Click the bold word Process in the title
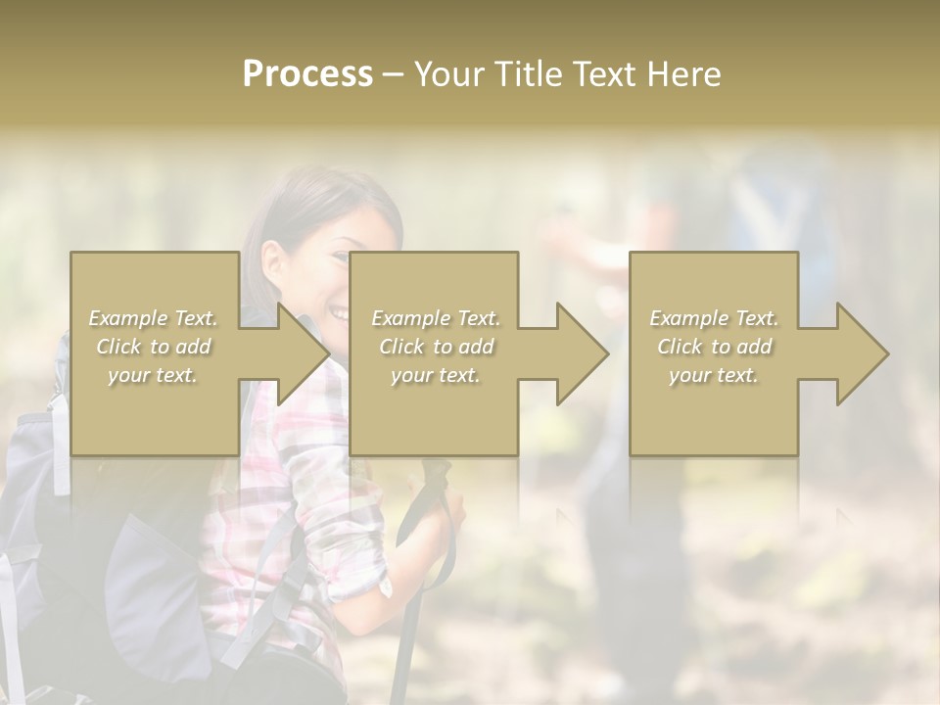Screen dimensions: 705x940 [307, 74]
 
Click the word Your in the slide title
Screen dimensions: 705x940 [449, 74]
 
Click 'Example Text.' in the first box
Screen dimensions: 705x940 [154, 318]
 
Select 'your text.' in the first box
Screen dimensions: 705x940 [154, 375]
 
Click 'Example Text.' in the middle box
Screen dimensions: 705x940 [435, 318]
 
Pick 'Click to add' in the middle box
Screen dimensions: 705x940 [435, 347]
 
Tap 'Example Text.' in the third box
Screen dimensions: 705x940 [714, 318]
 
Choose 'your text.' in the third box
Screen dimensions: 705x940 [714, 375]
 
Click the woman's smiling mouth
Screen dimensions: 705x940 [337, 314]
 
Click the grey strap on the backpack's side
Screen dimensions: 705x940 [60, 441]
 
